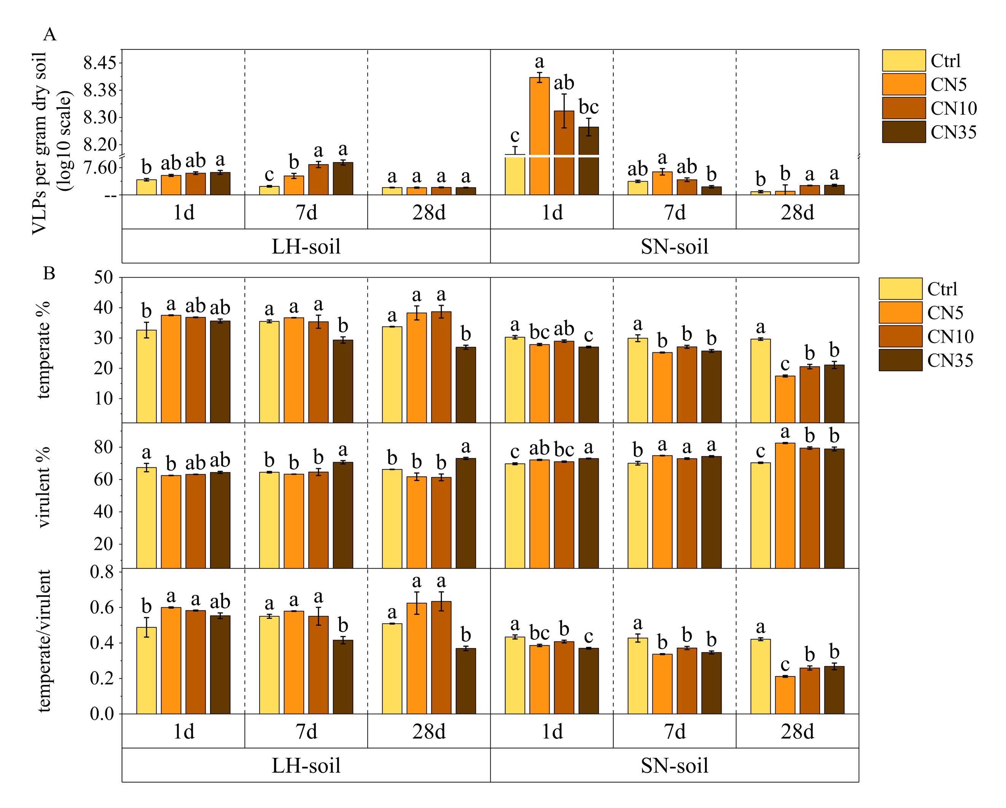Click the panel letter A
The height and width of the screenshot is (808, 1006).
coord(49,35)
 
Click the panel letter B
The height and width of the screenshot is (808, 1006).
coord(49,273)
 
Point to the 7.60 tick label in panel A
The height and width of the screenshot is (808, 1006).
coord(100,167)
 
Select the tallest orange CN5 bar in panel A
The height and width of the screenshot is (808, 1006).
coord(539,135)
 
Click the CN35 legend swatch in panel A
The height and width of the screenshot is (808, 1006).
coord(903,132)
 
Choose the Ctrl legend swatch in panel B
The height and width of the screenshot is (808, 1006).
coord(900,289)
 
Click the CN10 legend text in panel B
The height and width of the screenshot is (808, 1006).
coord(950,337)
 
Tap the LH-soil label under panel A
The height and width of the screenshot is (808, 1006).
coord(306,246)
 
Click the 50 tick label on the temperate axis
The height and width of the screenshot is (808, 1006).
coord(104,278)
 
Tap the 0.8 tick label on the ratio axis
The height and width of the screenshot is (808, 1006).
coord(102,572)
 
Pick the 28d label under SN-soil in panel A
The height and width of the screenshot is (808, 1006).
coord(797,213)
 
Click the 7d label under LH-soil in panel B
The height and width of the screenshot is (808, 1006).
coord(306,732)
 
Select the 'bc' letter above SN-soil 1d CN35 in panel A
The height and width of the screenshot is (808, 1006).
coord(589,107)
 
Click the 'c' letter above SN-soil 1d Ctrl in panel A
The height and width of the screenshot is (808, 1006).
coord(515,136)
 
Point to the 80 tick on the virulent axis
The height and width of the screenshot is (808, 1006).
coord(104,447)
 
